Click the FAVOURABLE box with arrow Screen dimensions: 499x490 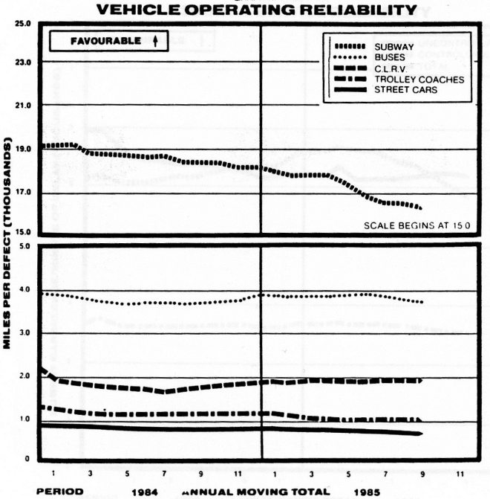click(108, 42)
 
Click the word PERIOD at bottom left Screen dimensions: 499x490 click(59, 491)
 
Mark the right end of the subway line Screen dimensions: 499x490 click(420, 207)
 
